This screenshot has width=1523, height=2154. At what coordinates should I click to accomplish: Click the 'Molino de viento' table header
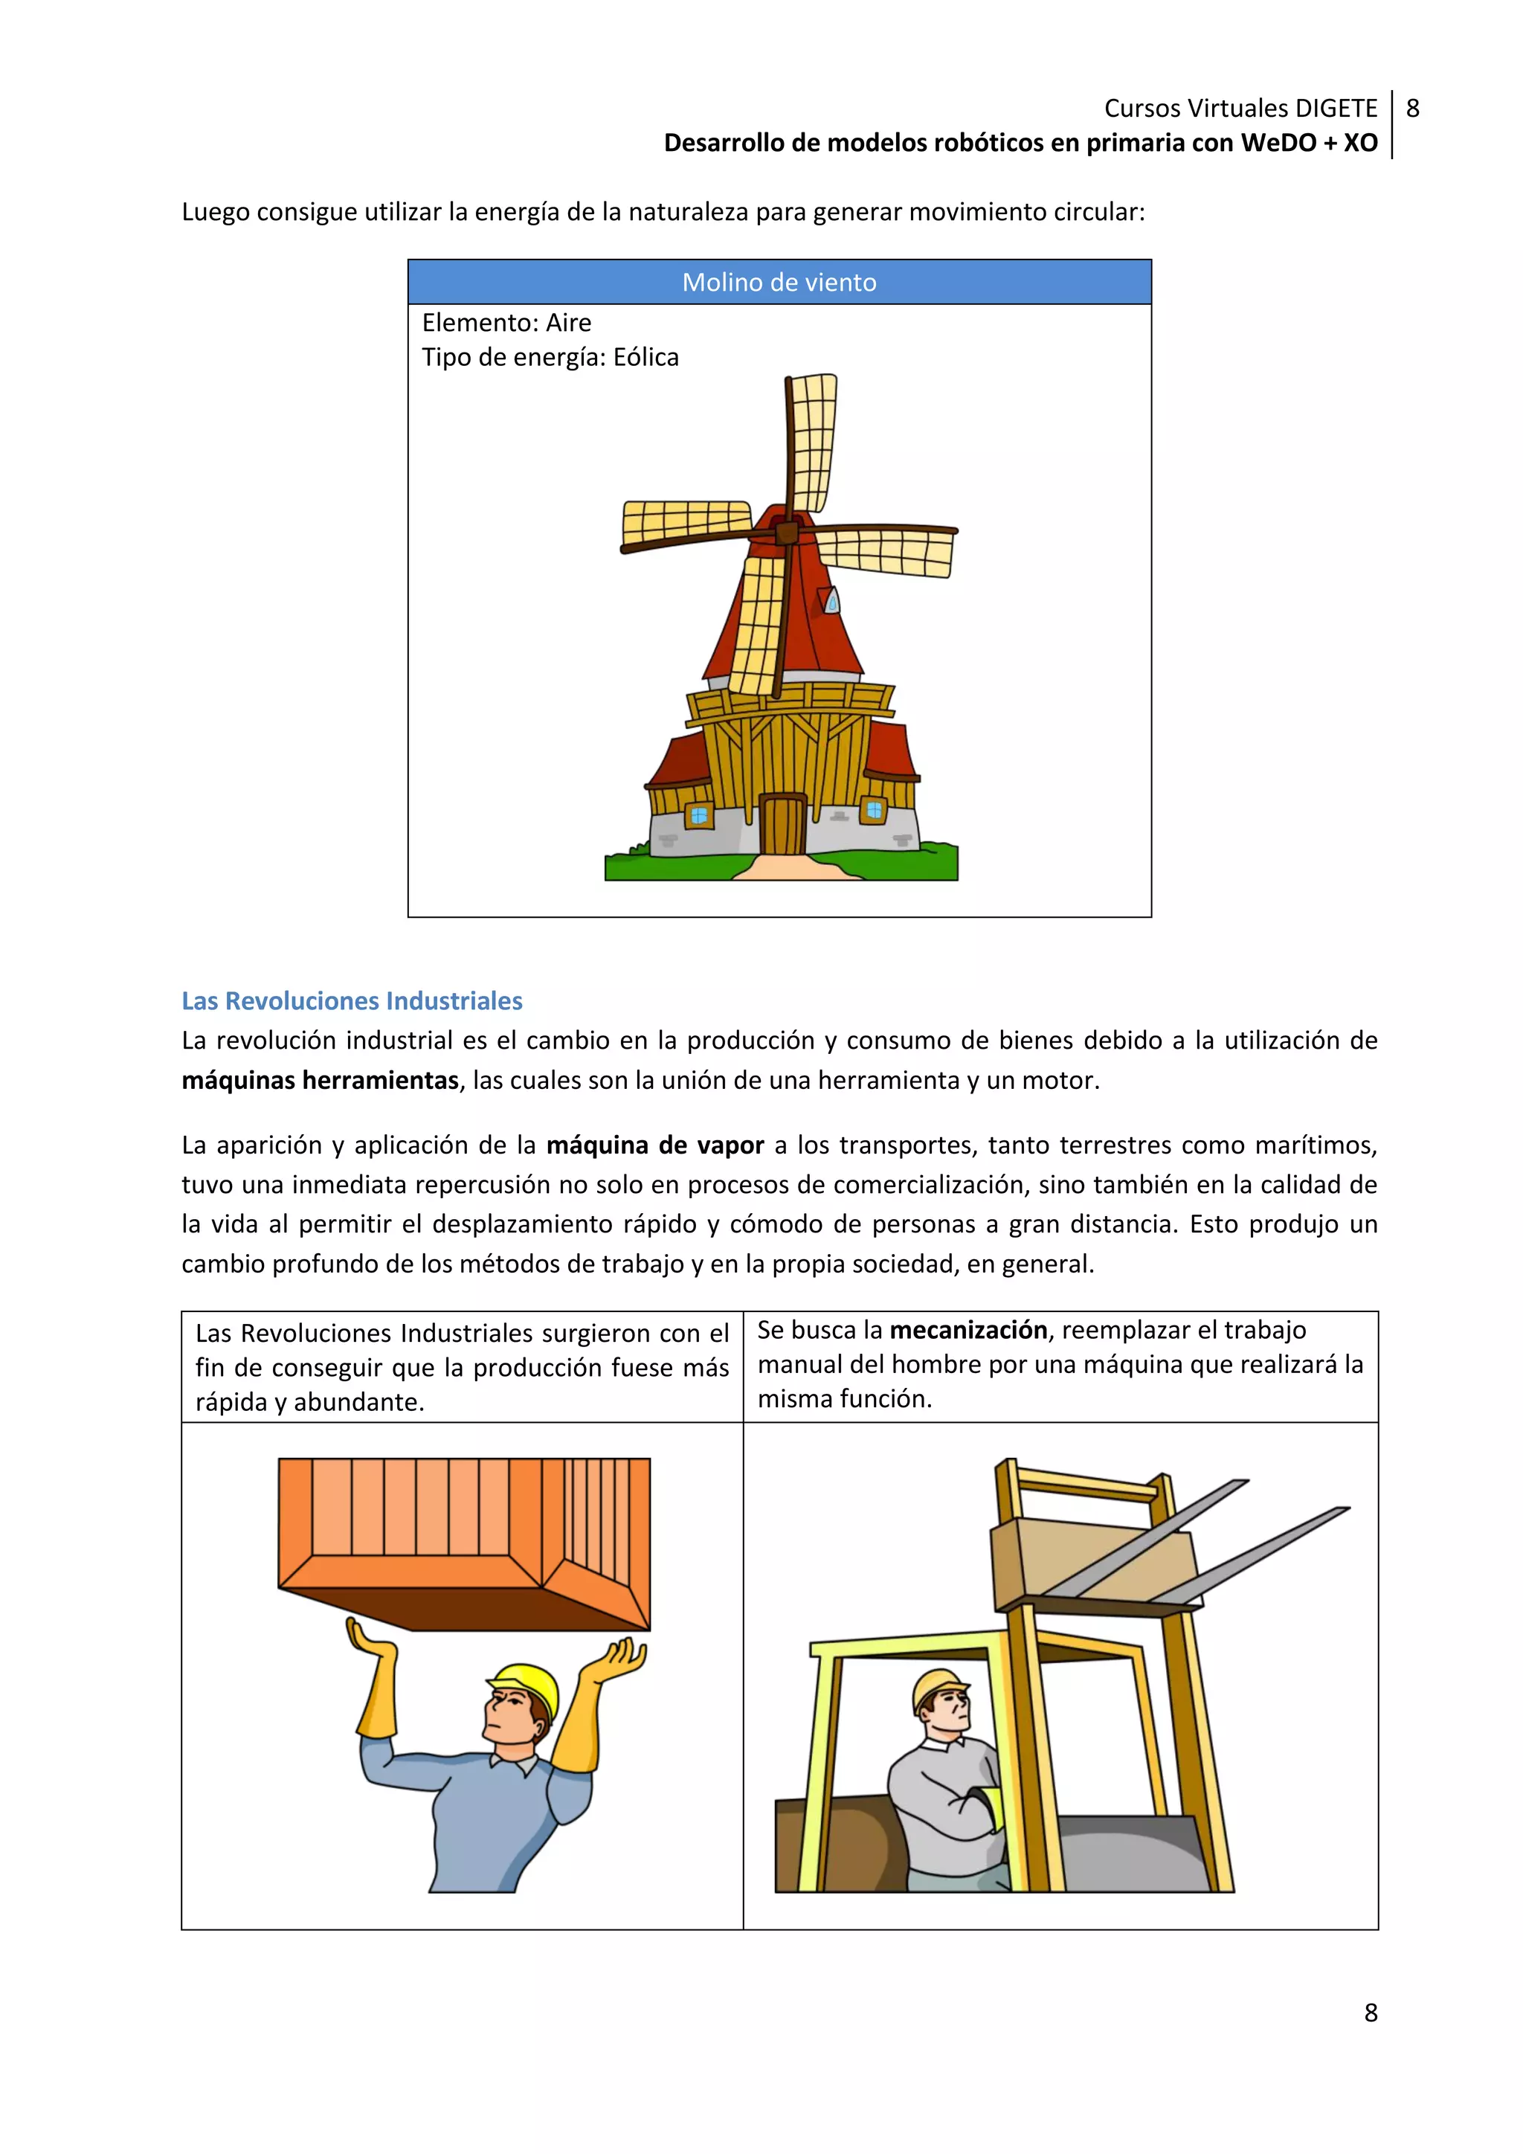click(779, 283)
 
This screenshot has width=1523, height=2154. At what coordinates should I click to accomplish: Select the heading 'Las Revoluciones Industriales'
click(352, 1001)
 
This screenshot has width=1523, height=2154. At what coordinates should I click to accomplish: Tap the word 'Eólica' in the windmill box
click(645, 358)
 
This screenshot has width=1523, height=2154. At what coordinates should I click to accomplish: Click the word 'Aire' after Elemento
click(568, 323)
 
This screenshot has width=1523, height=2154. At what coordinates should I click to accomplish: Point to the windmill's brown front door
click(782, 825)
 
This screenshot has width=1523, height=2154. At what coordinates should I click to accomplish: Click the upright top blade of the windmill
click(811, 441)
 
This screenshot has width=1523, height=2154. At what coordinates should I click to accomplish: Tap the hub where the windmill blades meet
click(786, 533)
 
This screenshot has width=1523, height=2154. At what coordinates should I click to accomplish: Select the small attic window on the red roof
click(831, 600)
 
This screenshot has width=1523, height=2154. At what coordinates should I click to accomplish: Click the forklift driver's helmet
click(938, 1688)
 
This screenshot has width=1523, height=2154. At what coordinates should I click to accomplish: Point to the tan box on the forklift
click(1092, 1562)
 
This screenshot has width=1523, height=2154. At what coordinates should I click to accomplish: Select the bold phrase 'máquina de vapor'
click(654, 1145)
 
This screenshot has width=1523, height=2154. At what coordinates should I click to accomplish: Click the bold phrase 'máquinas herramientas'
click(320, 1081)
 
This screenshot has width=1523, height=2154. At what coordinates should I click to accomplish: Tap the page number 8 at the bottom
click(1370, 2013)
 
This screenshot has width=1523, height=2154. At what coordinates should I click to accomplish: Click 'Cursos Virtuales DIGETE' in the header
click(1240, 109)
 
